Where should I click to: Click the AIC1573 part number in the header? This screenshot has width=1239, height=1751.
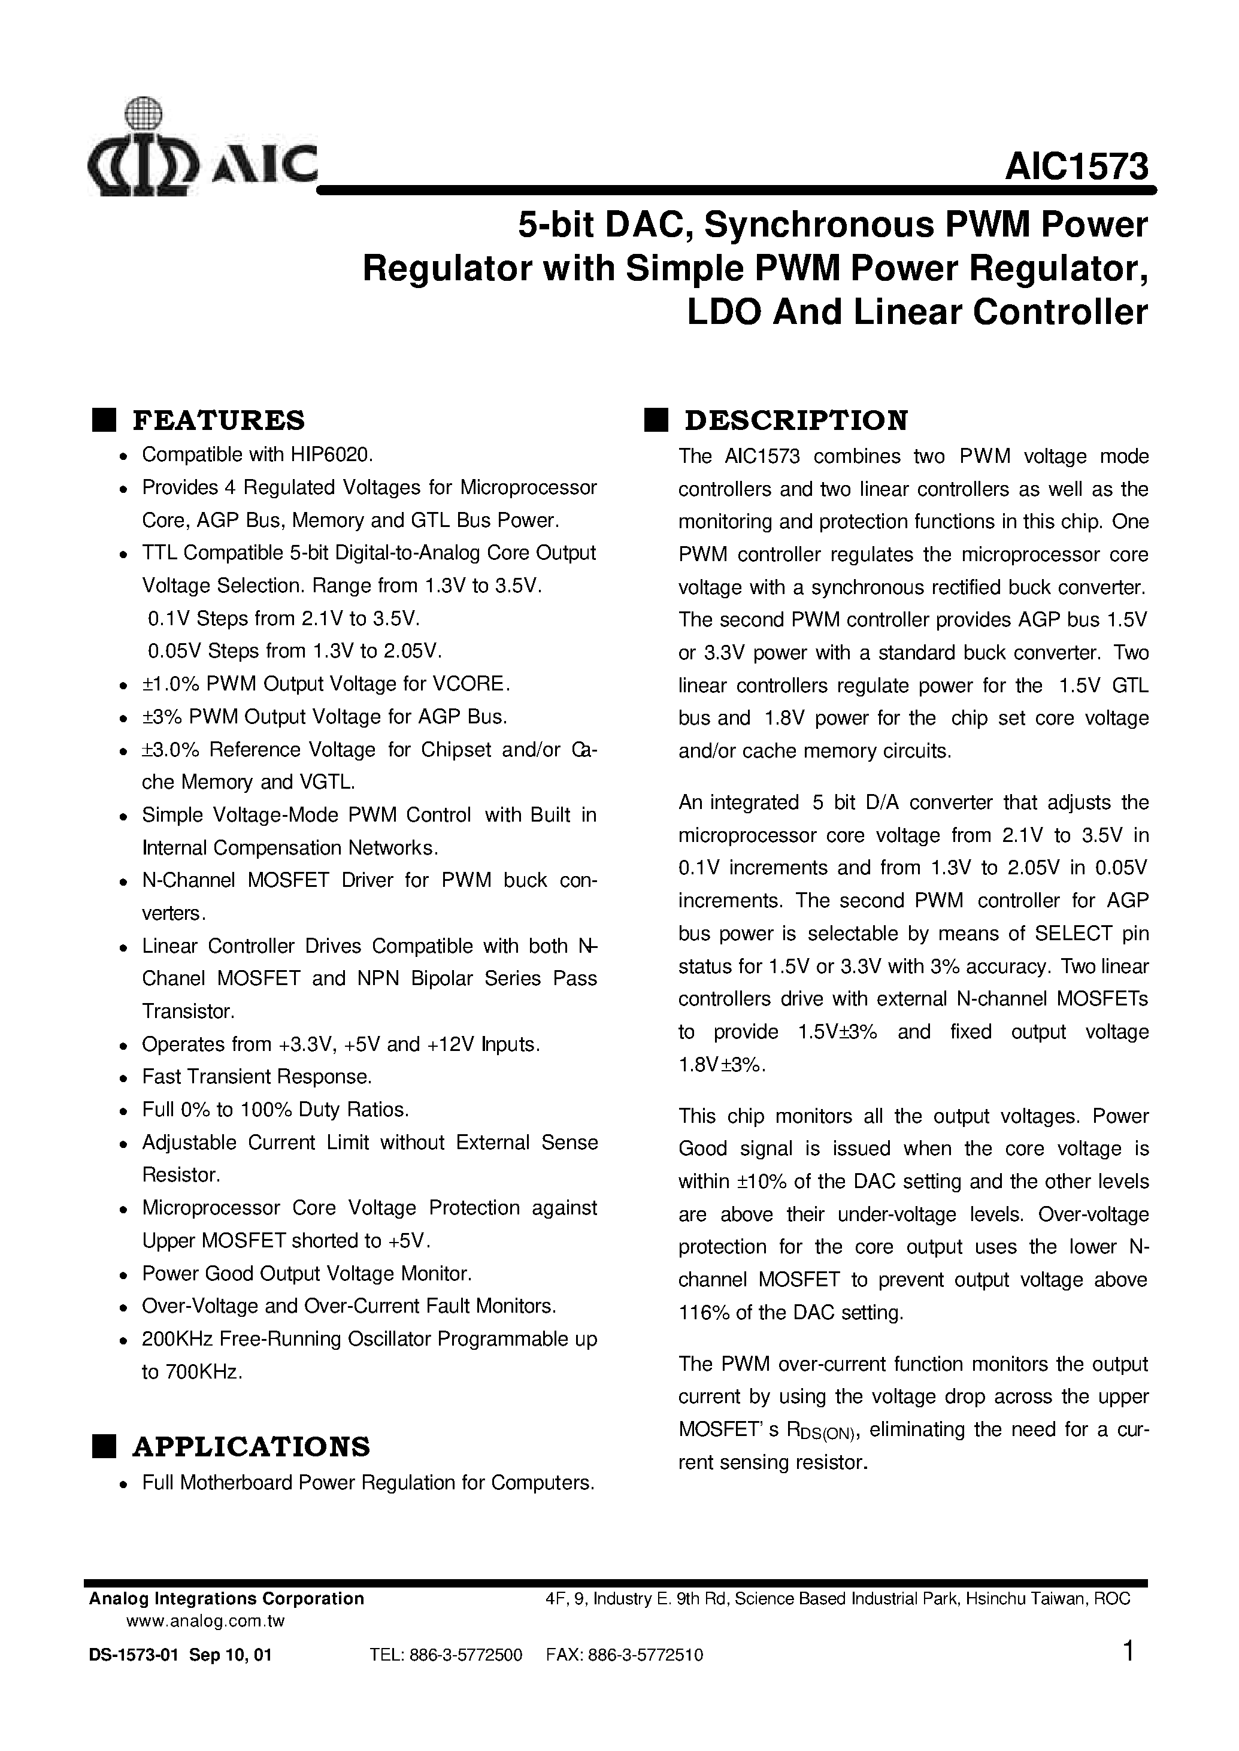point(1076,166)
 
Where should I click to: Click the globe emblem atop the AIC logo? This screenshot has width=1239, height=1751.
point(144,114)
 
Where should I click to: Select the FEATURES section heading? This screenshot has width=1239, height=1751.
point(218,420)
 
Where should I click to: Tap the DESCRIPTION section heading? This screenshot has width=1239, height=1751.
point(796,420)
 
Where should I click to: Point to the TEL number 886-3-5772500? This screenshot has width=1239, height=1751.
point(465,1655)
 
